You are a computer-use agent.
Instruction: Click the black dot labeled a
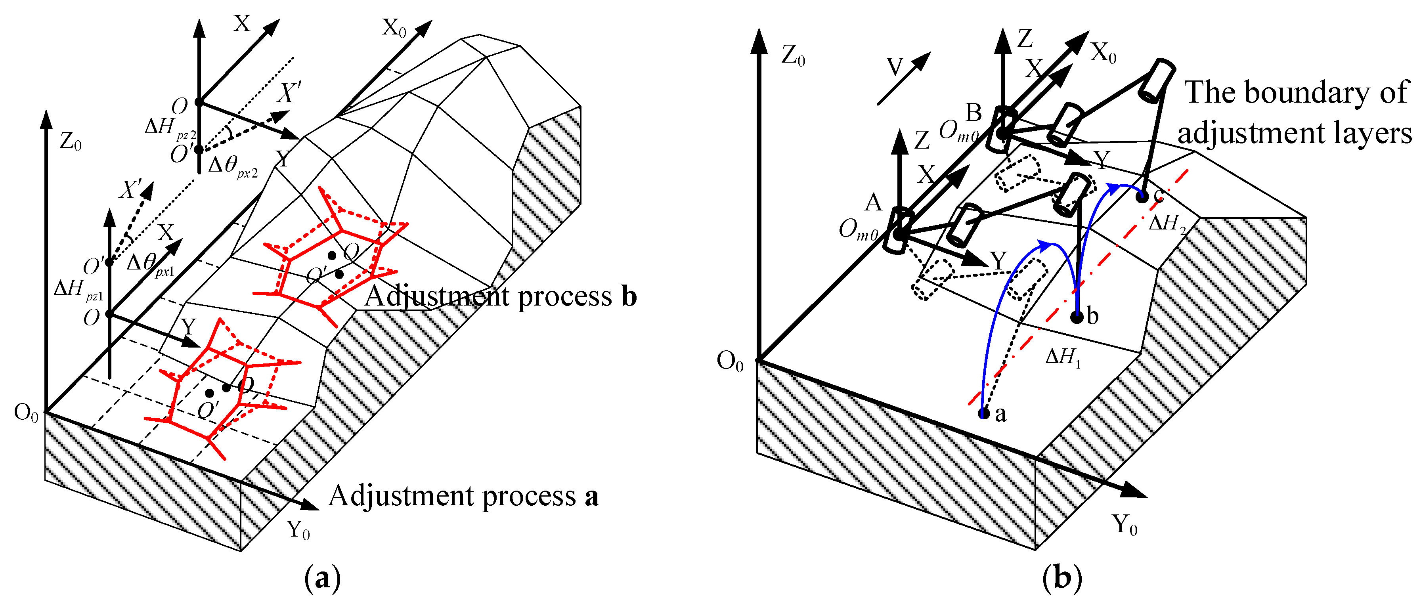point(983,413)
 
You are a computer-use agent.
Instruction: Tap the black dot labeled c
point(1142,197)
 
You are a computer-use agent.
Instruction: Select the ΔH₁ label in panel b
point(1062,358)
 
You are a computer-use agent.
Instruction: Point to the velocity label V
point(894,68)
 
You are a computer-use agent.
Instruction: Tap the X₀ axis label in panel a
point(393,28)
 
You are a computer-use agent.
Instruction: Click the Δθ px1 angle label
point(149,264)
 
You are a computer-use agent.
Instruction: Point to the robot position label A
point(873,203)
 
